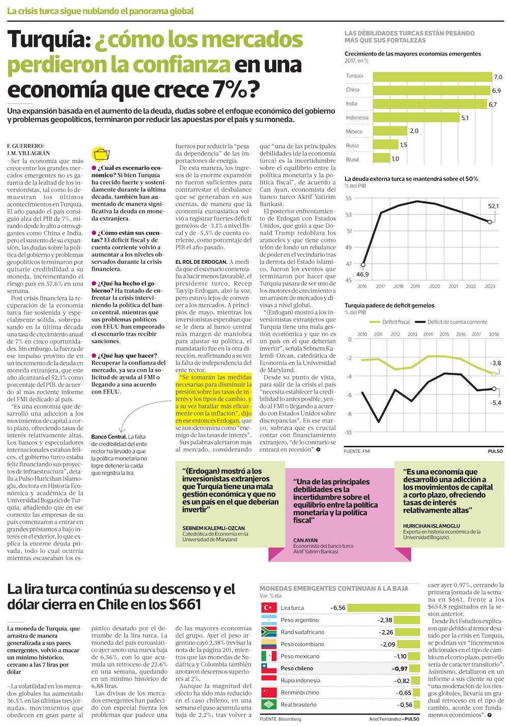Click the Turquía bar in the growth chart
tap(432, 76)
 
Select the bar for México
tap(389, 131)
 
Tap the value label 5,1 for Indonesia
tap(465, 118)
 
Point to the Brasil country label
tap(352, 159)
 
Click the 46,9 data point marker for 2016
tap(363, 265)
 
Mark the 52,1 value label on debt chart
tap(493, 206)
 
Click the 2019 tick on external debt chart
tap(415, 286)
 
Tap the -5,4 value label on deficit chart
tap(495, 403)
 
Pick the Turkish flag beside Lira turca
tap(268, 608)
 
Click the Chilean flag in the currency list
tap(268, 668)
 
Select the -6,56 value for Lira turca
tap(338, 608)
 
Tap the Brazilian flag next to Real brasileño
tap(268, 705)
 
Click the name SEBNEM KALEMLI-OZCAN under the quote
tap(214, 528)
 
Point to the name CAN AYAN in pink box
tap(305, 540)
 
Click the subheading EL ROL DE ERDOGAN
tap(201, 262)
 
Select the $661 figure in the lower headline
tap(185, 605)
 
